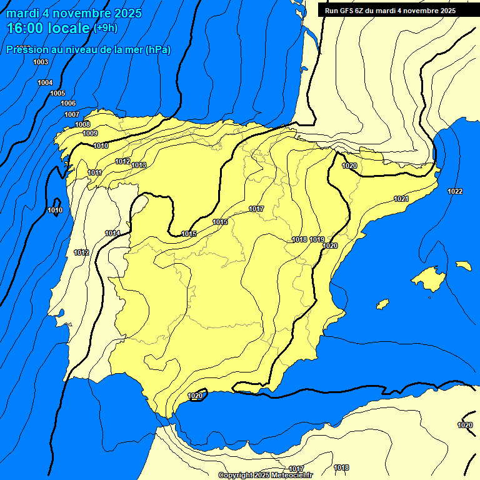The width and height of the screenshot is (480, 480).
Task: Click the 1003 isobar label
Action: coord(41,62)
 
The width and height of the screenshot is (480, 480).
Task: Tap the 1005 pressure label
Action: coord(57,93)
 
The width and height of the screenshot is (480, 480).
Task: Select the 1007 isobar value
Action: coord(72,114)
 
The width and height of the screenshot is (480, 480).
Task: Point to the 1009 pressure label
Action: coord(90,133)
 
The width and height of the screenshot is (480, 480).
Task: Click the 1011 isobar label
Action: coord(95,172)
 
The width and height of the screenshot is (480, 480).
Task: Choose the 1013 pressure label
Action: coord(139,165)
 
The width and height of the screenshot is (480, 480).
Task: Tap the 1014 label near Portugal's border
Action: coord(112,233)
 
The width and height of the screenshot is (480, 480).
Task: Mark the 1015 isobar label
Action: coord(189,234)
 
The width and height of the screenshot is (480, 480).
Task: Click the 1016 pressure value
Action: coord(220,222)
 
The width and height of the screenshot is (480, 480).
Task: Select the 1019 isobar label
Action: coord(317,239)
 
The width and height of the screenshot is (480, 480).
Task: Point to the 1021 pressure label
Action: coord(401,199)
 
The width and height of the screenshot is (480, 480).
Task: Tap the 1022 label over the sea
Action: coord(455,191)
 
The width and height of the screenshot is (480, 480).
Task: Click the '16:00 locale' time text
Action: coord(48,27)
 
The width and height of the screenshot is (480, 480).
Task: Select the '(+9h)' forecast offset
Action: coord(105,28)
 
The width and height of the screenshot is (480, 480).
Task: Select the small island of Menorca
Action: coord(464,266)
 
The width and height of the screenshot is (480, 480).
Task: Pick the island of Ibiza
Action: coord(382,304)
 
